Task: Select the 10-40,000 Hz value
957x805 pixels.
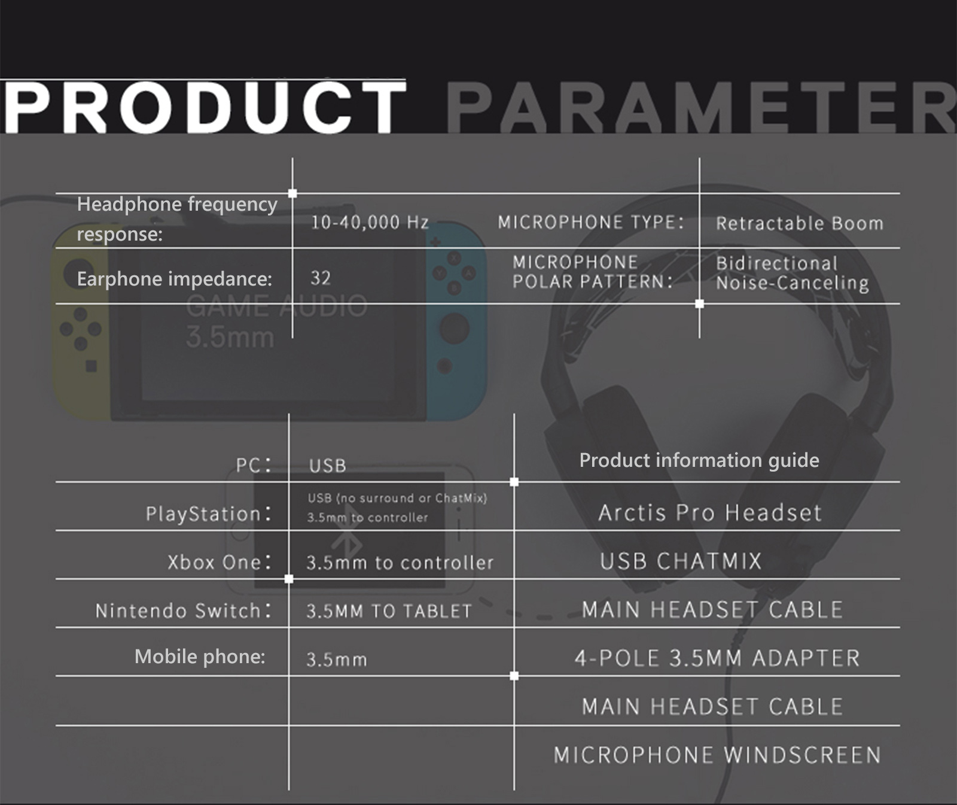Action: click(x=370, y=223)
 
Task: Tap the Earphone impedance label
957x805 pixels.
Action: click(x=175, y=279)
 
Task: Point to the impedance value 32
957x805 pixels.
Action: click(x=321, y=278)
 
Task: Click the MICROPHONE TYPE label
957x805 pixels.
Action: click(x=591, y=223)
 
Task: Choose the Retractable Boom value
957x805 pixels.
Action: click(x=800, y=223)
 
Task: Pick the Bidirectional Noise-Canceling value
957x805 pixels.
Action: click(x=793, y=273)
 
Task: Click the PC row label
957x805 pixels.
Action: click(x=254, y=465)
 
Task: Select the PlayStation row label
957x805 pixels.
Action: click(x=209, y=514)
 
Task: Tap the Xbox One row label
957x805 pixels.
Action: click(x=220, y=562)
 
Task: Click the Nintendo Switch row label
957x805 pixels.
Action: click(x=184, y=610)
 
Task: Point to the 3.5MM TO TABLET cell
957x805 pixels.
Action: click(x=389, y=611)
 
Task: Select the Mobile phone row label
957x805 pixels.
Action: click(x=200, y=657)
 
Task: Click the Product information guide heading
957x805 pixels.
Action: click(x=699, y=460)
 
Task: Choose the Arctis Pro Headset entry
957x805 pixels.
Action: click(x=710, y=513)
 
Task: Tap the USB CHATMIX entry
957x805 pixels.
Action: click(x=681, y=561)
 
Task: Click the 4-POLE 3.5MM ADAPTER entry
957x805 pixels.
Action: click(x=717, y=658)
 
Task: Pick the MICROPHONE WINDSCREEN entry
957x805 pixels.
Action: click(x=717, y=755)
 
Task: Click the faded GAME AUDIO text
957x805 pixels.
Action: click(x=276, y=306)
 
